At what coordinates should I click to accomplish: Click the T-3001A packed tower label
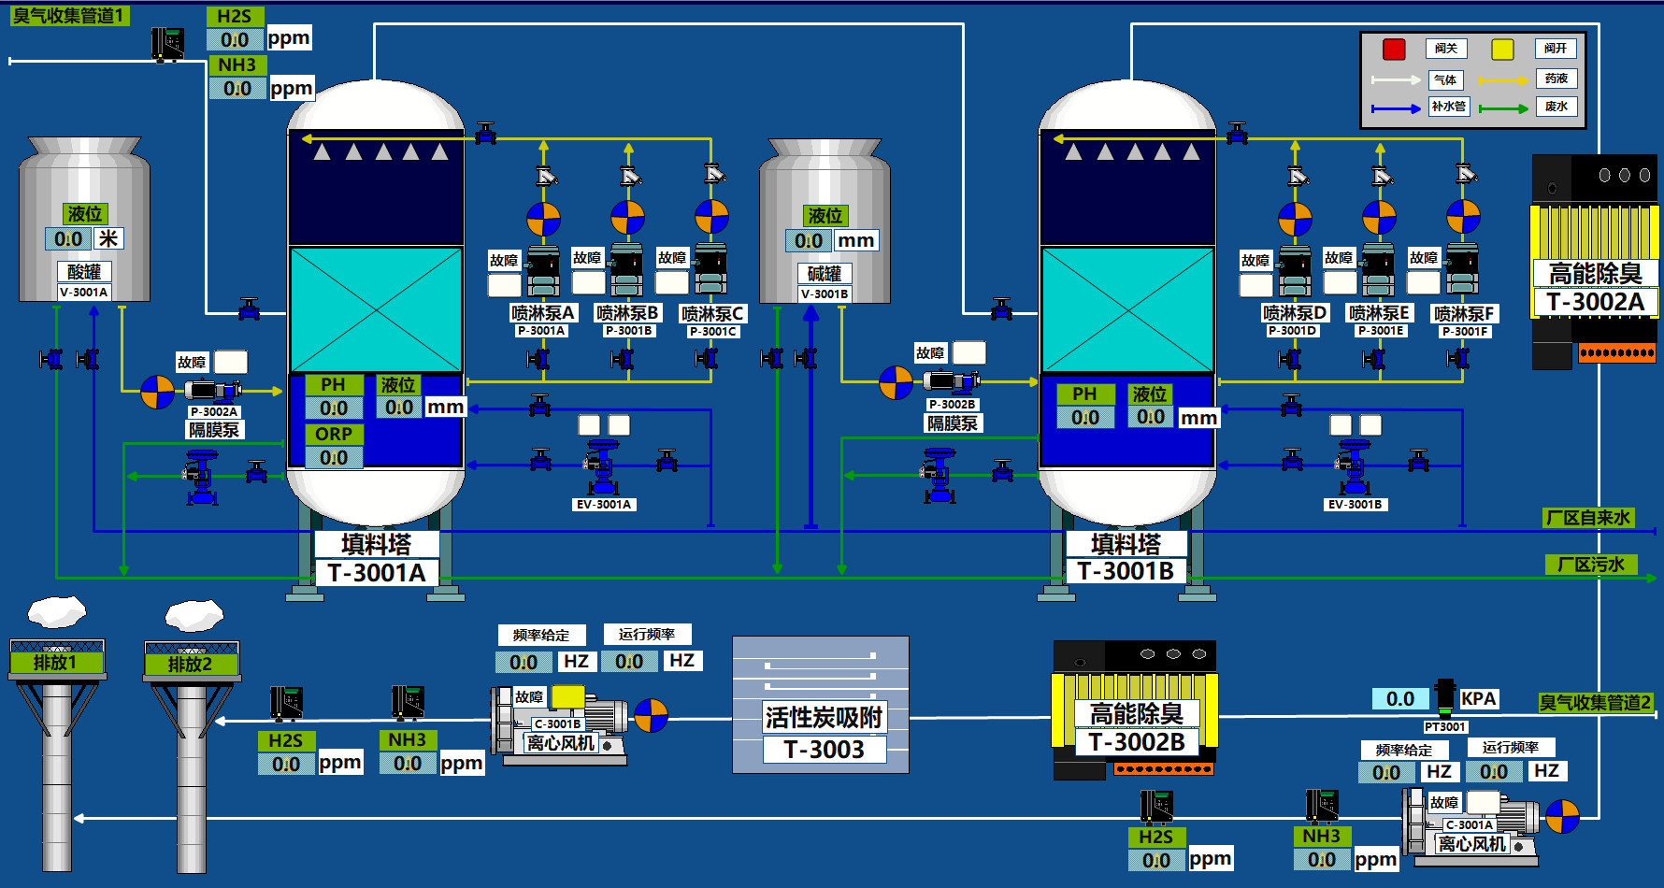376,573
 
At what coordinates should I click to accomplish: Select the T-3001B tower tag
1126,571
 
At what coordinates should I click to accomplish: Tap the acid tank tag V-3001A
84,292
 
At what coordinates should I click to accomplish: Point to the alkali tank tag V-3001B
825,294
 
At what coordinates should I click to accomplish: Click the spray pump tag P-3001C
713,331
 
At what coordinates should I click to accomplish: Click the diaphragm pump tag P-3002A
214,411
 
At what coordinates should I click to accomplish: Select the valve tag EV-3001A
604,505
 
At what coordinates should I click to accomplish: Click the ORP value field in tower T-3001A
334,457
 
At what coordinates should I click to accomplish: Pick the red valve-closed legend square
1394,50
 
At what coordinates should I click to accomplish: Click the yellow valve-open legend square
1502,50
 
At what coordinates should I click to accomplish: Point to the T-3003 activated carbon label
824,750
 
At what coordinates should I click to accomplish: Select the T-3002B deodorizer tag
1136,742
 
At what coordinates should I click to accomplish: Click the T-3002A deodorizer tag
1595,302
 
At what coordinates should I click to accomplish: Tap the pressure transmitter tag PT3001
1445,726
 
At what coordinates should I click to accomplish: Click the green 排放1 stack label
56,663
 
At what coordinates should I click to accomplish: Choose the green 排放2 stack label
191,665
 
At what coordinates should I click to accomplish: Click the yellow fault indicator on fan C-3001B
567,697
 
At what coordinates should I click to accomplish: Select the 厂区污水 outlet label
1590,565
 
